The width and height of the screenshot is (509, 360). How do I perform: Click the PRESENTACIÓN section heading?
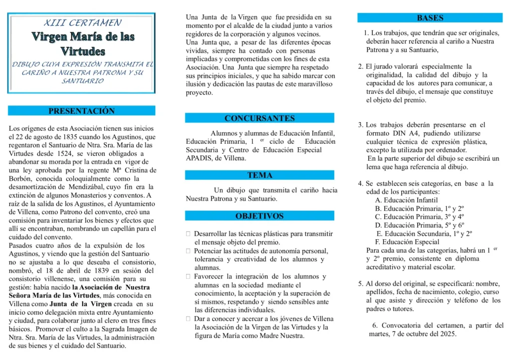81,111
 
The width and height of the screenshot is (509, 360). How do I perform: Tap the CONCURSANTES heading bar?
259,118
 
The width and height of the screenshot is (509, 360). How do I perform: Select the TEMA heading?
259,175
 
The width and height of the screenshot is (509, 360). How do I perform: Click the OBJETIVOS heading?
259,216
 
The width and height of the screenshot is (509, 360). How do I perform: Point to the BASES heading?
430,18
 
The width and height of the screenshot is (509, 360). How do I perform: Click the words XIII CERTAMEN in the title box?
82,23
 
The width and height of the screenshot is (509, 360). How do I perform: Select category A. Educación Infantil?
406,200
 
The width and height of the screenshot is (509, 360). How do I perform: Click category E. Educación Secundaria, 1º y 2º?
425,233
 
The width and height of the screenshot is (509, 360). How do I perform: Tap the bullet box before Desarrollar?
188,233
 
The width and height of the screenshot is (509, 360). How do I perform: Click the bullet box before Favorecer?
188,276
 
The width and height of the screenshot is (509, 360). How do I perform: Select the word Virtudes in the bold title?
83,51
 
